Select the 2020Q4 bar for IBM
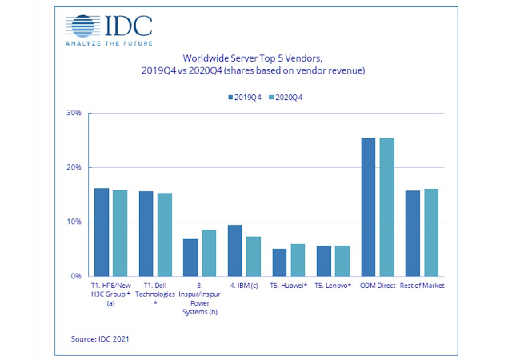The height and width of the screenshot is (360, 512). click(x=253, y=256)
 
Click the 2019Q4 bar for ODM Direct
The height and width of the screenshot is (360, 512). click(x=369, y=207)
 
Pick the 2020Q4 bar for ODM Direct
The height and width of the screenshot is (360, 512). click(x=386, y=207)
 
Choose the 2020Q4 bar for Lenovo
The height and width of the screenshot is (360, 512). click(x=342, y=261)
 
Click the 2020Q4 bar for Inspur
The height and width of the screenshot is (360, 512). click(x=208, y=253)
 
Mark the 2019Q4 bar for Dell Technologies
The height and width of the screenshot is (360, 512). click(x=146, y=234)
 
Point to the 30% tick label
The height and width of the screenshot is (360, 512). click(x=74, y=113)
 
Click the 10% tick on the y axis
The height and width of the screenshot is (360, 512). click(x=74, y=222)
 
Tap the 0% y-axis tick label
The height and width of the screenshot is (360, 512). click(x=77, y=276)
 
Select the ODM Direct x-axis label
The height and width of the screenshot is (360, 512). click(x=378, y=286)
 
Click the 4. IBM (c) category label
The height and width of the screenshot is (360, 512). click(x=244, y=286)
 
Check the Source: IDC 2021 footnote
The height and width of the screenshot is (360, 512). click(x=100, y=339)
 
